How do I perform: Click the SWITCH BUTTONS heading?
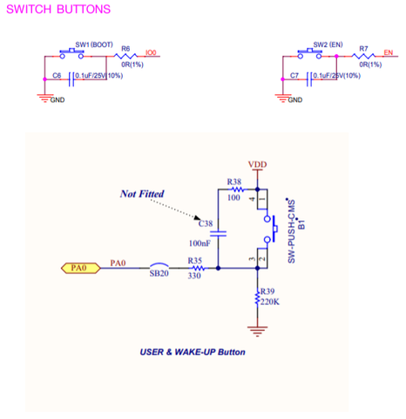point(58,10)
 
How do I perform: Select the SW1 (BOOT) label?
point(94,45)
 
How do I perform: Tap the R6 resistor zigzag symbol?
point(125,56)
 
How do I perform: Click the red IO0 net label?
point(151,52)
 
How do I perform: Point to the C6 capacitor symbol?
point(71,79)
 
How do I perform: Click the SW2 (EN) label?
point(328,45)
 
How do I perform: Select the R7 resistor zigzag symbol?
point(363,56)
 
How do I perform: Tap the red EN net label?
point(389,52)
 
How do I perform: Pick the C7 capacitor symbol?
point(309,79)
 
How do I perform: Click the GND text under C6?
point(58,100)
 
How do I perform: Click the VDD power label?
point(257,164)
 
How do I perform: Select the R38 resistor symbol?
point(238,189)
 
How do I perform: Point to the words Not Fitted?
point(142,194)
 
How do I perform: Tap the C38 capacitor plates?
point(218,234)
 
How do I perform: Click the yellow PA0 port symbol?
point(81,268)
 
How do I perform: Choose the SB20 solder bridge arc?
point(159,265)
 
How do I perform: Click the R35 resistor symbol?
point(199,268)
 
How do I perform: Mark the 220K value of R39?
point(270,302)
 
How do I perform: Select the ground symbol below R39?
point(257,331)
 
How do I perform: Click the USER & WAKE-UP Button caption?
point(193,352)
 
